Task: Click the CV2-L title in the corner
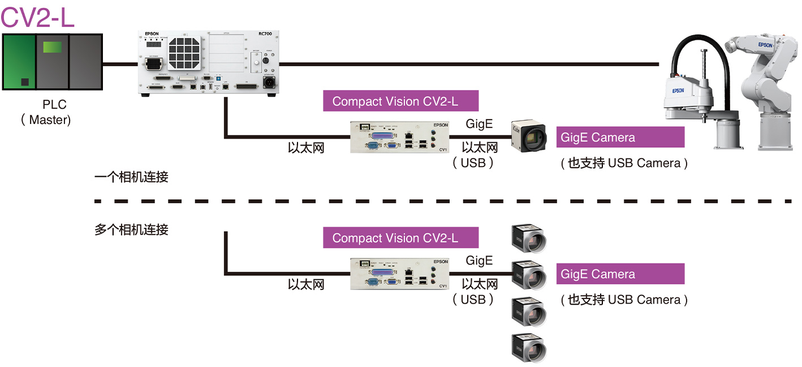(37, 17)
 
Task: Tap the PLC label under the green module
(54, 105)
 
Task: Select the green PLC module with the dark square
(19, 62)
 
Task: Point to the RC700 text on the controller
(266, 34)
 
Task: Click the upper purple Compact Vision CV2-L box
(400, 101)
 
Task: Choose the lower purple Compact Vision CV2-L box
(400, 238)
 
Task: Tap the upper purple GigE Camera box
(620, 138)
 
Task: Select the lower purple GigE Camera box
(620, 274)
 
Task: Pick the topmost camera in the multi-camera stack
(528, 238)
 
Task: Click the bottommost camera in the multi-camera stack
(528, 347)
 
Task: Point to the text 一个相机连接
(131, 177)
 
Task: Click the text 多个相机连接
(131, 230)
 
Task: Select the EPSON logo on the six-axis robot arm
(765, 45)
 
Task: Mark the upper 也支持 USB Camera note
(624, 163)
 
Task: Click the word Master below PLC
(50, 120)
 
